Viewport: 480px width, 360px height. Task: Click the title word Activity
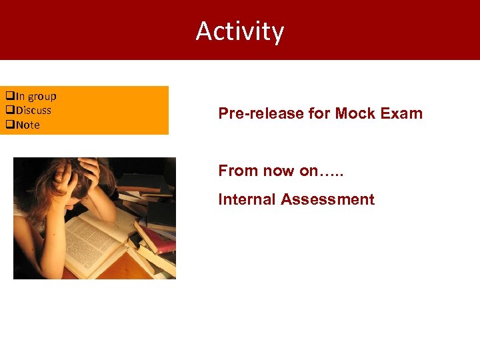[240, 31]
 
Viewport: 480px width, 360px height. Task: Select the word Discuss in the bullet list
[33, 111]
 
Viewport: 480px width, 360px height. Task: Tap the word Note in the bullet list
[28, 125]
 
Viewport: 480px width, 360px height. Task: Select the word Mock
[355, 113]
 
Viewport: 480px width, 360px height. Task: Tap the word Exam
[402, 113]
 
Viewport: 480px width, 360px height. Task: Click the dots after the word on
[332, 172]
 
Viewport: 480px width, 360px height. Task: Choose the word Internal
[247, 199]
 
